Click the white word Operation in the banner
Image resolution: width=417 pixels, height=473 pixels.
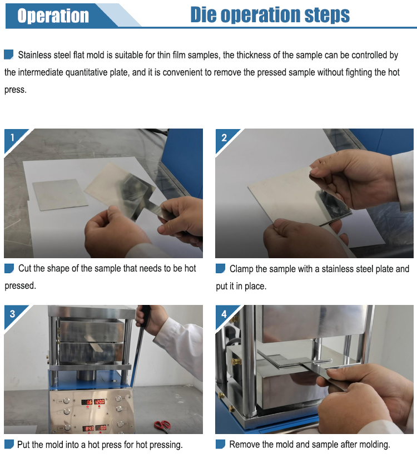[x=53, y=16]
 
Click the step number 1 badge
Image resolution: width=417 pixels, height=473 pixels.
[x=12, y=137]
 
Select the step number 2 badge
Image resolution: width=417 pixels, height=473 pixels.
[x=224, y=138]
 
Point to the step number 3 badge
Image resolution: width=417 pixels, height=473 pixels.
[x=12, y=314]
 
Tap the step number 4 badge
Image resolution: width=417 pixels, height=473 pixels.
[x=224, y=314]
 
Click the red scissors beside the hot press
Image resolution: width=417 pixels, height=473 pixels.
[x=162, y=425]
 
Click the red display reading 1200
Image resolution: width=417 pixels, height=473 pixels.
[x=100, y=402]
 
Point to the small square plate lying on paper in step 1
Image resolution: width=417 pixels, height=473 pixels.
[x=60, y=195]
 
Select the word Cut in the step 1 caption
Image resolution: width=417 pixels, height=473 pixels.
[x=24, y=268]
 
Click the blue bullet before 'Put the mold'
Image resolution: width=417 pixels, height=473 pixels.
[x=9, y=444]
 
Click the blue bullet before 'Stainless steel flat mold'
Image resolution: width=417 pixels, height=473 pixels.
[x=9, y=55]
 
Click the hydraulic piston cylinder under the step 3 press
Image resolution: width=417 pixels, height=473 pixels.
[x=86, y=375]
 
